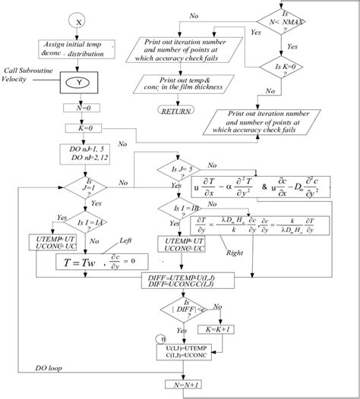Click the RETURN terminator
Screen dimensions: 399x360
click(174, 111)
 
